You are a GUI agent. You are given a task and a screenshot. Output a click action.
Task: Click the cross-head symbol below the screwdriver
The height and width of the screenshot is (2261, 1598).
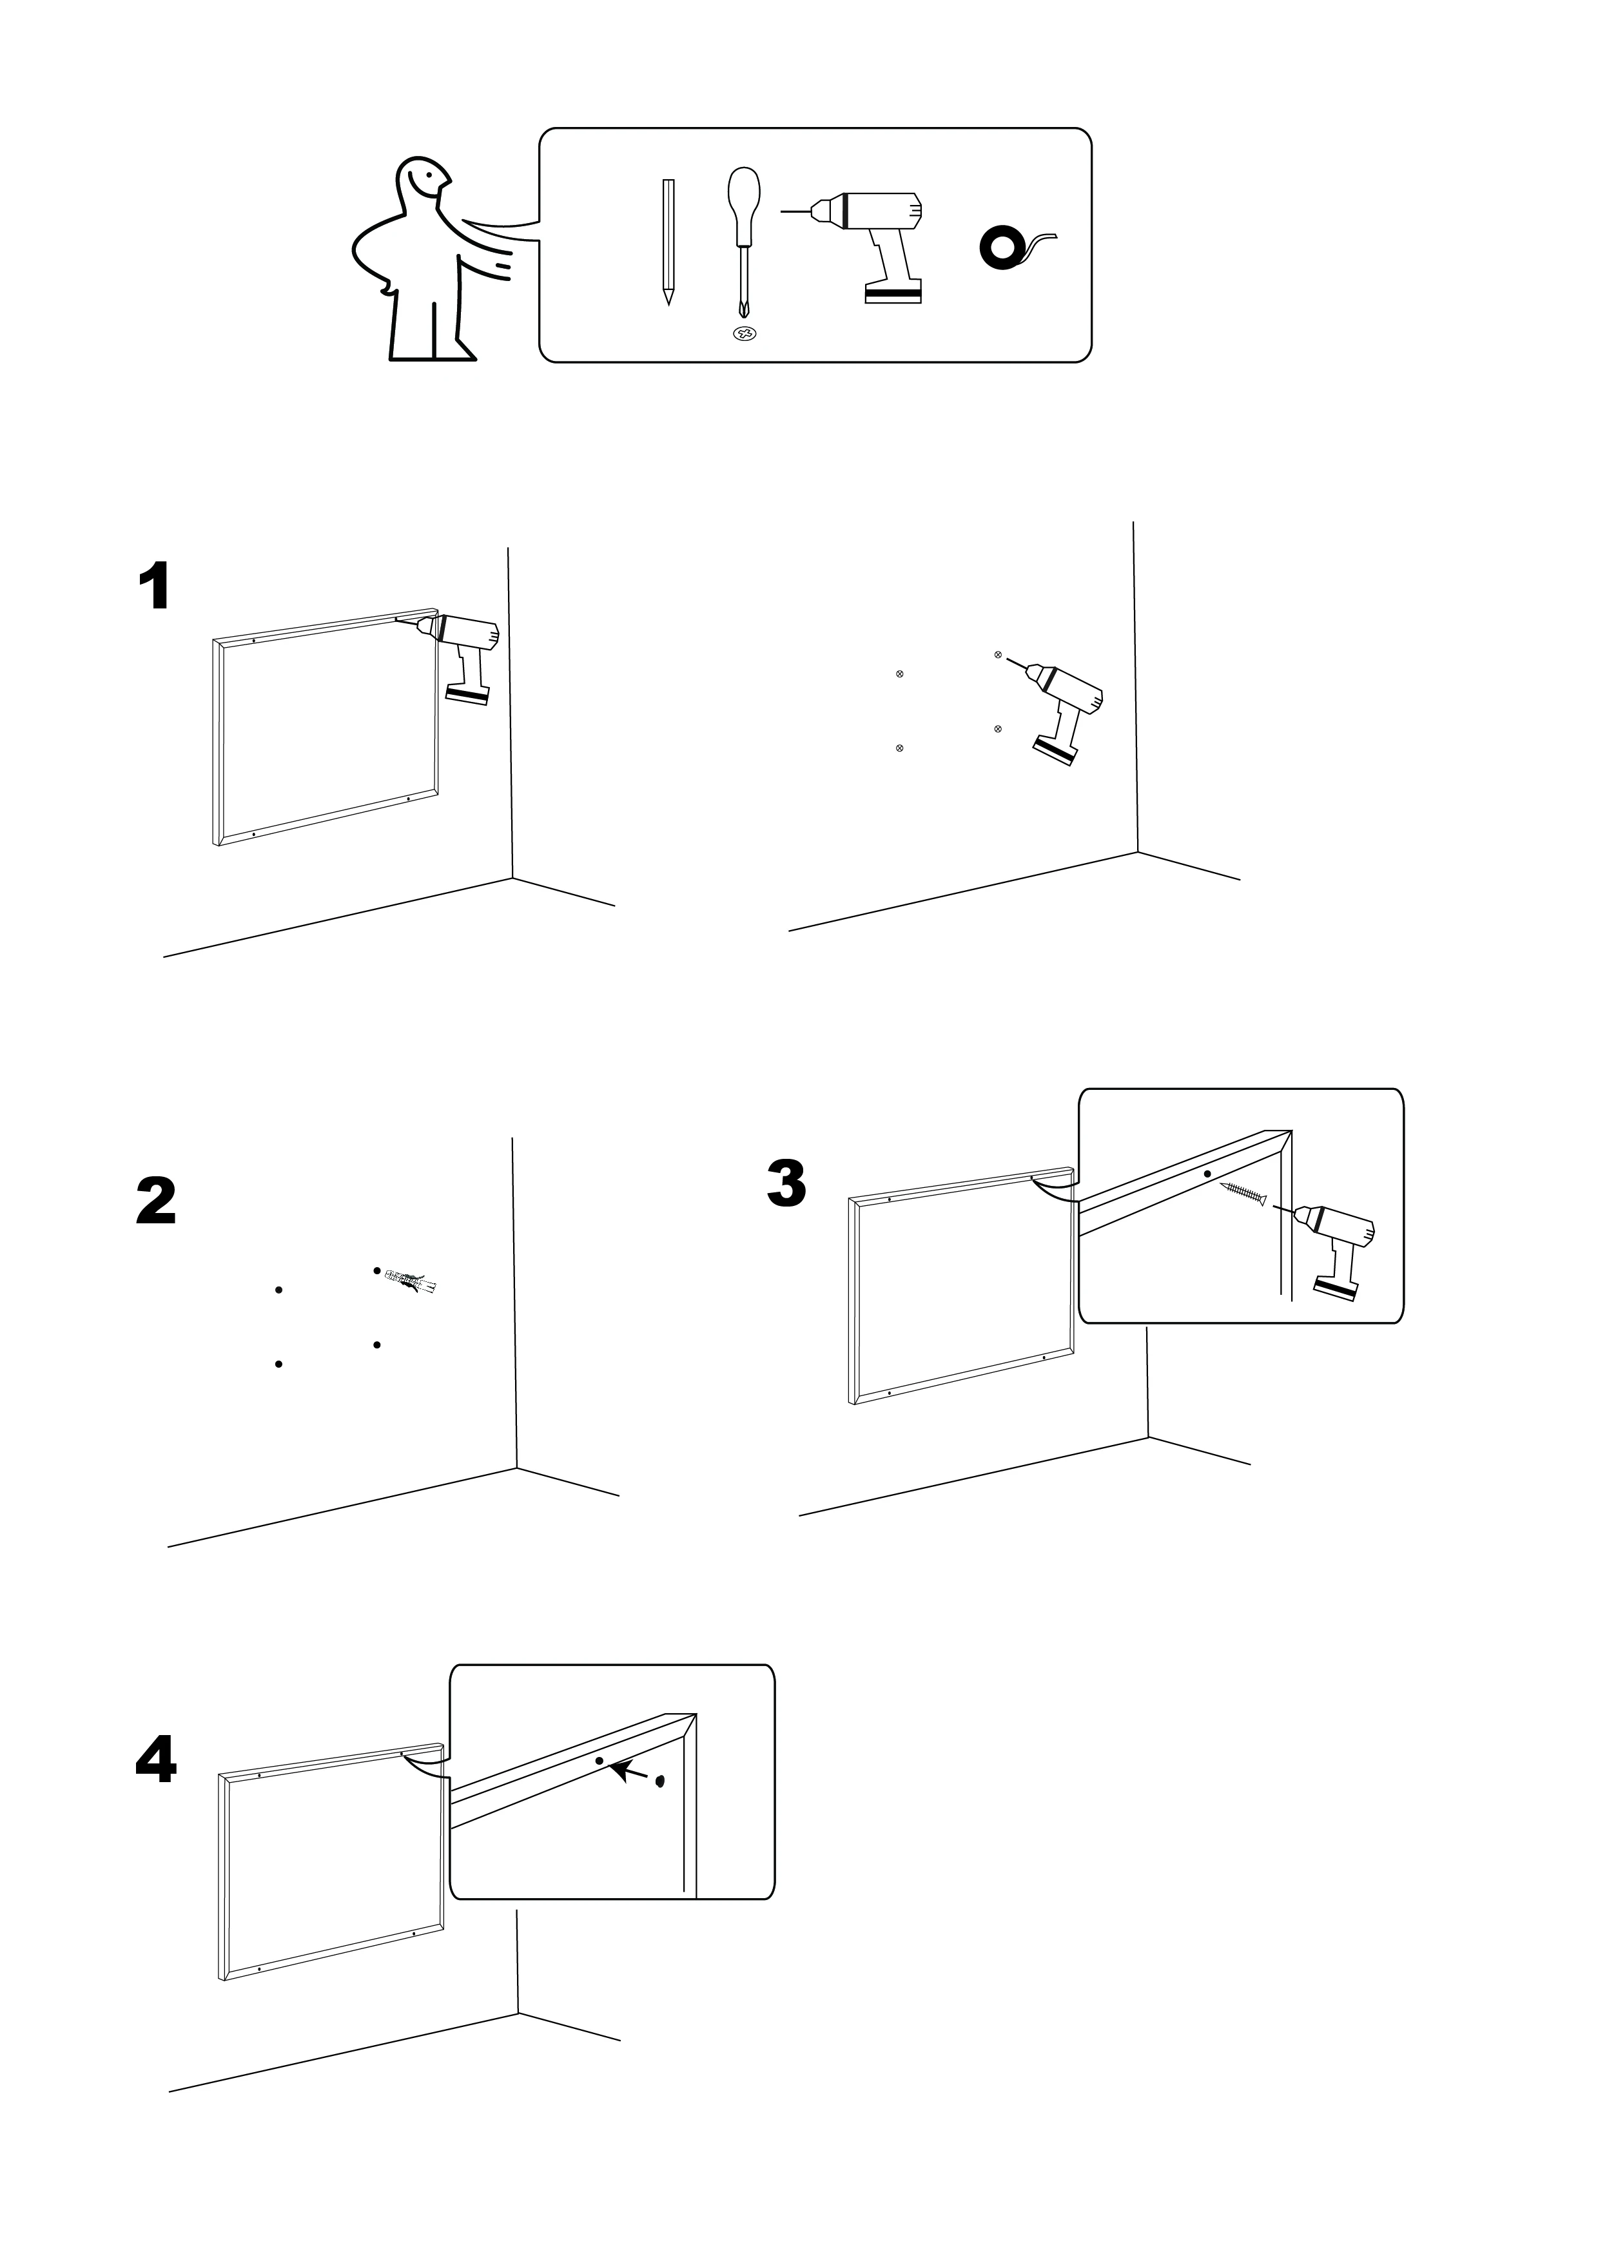coord(745,334)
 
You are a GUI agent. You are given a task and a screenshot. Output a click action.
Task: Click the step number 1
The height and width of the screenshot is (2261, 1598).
coord(155,587)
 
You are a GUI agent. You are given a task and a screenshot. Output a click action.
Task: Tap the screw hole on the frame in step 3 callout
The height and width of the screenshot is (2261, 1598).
coord(1207,1174)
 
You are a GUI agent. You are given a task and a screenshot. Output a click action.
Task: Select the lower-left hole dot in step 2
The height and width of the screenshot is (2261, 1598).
coord(278,1364)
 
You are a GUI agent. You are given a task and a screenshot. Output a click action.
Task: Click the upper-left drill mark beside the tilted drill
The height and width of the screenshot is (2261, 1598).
coord(899,674)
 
